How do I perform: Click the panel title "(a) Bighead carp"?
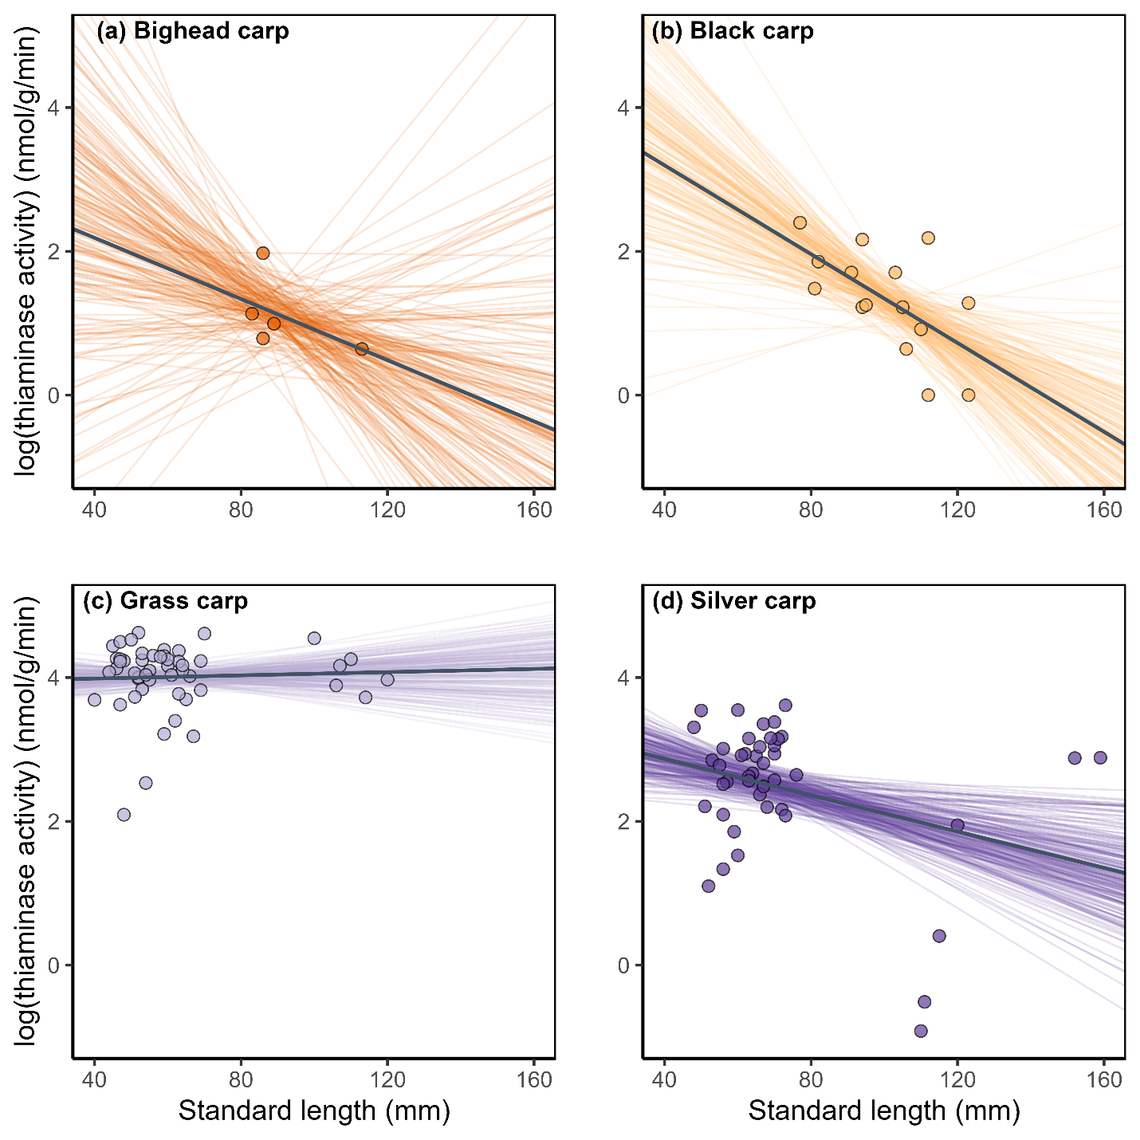[192, 32]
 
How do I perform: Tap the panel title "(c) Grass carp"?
[165, 600]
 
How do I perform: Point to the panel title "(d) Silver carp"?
[733, 600]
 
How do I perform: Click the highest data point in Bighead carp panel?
[263, 253]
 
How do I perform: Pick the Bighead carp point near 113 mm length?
[362, 349]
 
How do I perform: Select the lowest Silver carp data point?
[921, 1031]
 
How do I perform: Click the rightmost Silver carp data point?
[1100, 757]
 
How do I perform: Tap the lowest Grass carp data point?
[124, 815]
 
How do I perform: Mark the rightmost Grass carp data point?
[387, 679]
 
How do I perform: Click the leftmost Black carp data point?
[800, 222]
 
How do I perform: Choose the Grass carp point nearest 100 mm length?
[314, 638]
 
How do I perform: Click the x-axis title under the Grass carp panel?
[314, 1110]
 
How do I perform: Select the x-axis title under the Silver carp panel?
[884, 1110]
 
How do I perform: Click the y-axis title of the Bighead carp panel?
[29, 250]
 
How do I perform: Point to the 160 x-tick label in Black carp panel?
[1104, 509]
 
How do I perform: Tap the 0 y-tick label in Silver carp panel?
[624, 965]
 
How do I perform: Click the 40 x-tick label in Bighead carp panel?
[94, 509]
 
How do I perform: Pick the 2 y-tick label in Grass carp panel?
[54, 822]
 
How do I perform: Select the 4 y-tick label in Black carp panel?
[624, 108]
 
